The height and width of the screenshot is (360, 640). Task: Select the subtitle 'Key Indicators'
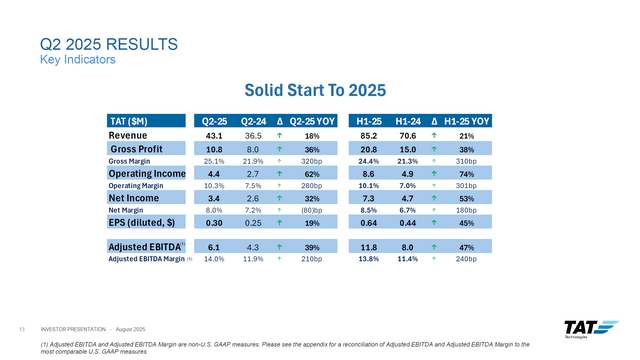pos(71,60)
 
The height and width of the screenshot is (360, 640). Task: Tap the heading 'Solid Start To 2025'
pos(319,91)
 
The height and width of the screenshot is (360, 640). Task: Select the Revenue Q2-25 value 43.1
pos(213,135)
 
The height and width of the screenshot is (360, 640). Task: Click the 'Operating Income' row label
pos(144,173)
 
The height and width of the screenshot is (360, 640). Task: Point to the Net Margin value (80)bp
pos(311,210)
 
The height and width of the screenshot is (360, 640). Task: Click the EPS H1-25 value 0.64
pos(368,223)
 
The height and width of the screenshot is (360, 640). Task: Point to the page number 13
pos(21,329)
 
